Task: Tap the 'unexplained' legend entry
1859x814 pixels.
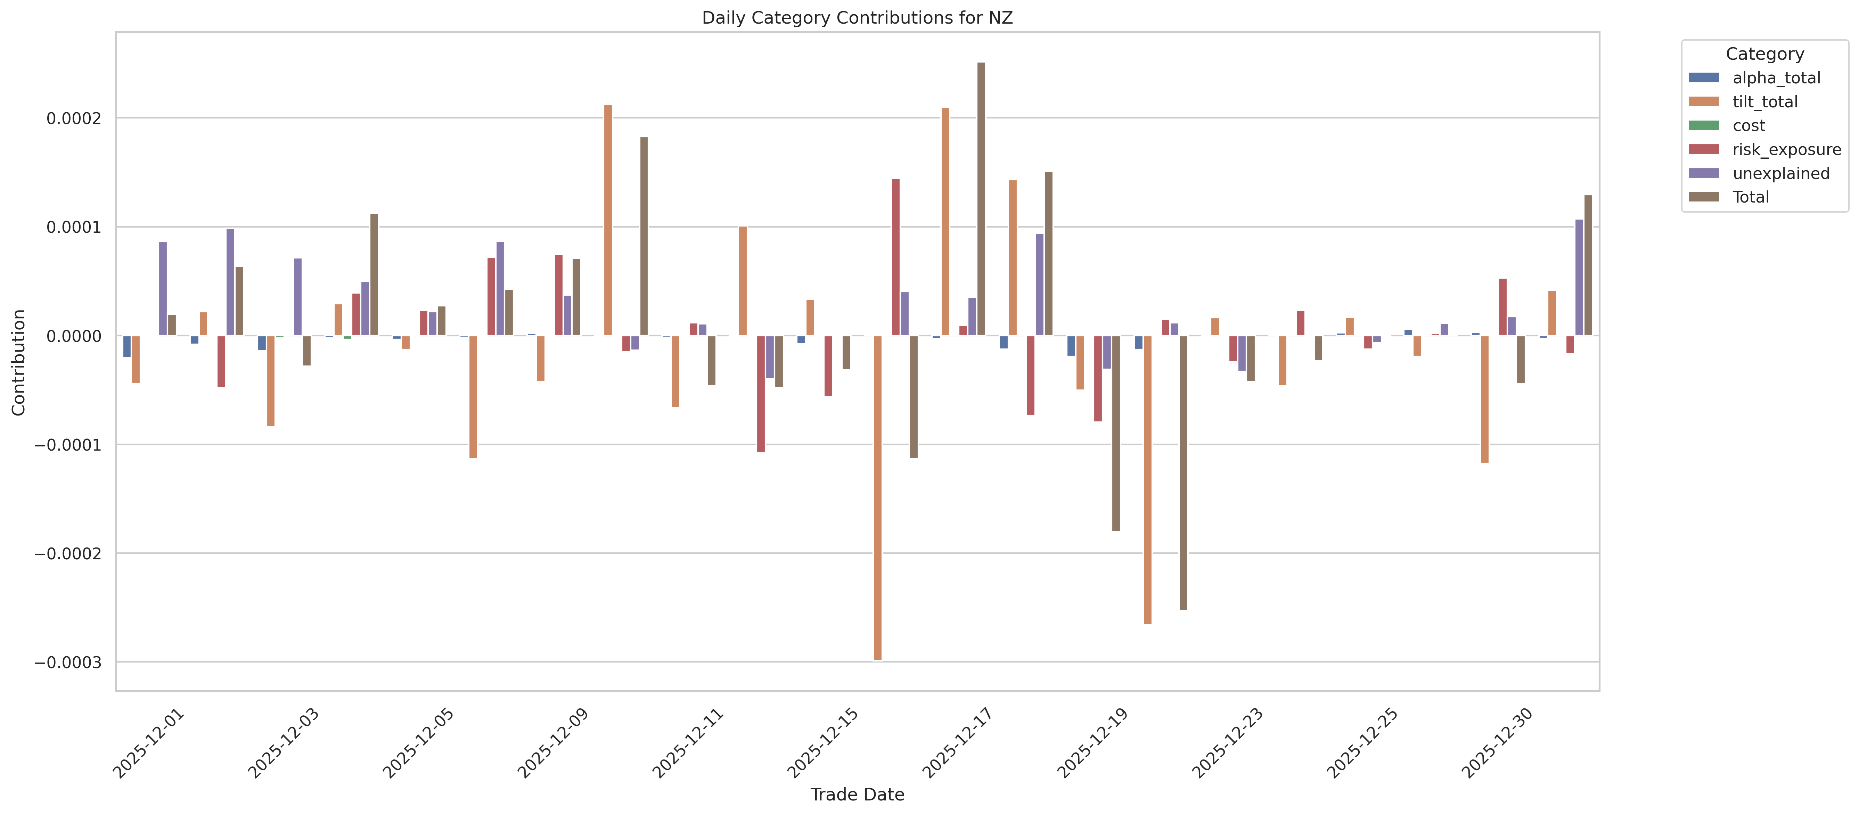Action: [x=1780, y=173]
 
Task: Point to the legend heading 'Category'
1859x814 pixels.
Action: [x=1764, y=54]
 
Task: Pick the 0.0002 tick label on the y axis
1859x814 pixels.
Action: [x=74, y=118]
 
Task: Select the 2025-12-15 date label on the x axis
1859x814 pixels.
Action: [x=823, y=743]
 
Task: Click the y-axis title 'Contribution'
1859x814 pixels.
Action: [x=19, y=362]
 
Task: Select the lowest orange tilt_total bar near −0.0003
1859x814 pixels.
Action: [x=877, y=498]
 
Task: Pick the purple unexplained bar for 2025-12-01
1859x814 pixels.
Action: [x=163, y=289]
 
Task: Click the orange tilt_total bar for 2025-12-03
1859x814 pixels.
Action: [x=271, y=381]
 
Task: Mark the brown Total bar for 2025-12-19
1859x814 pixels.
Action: [x=1116, y=433]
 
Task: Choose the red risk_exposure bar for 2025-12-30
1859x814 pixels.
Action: [x=1502, y=307]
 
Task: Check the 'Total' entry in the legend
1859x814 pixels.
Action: [x=1750, y=197]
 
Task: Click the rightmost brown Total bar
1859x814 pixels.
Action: [x=1588, y=265]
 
